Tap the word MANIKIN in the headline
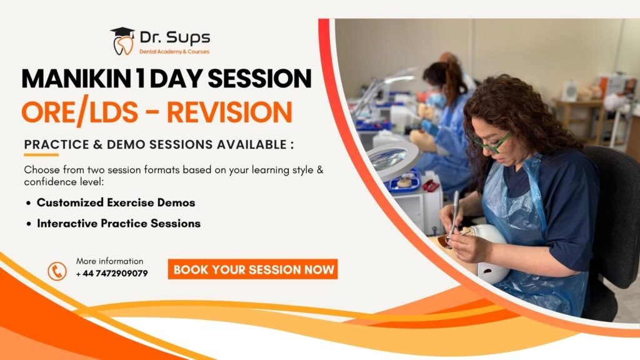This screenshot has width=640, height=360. click(x=77, y=78)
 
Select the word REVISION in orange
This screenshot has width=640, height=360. click(x=230, y=112)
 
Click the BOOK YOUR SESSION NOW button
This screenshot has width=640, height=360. click(x=252, y=269)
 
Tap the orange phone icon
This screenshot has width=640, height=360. click(x=57, y=271)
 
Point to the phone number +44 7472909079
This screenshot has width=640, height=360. click(x=112, y=274)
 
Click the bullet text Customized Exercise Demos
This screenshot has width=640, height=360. click(x=116, y=202)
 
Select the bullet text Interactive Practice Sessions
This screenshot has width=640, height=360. click(x=119, y=223)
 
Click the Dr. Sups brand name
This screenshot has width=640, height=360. click(x=175, y=38)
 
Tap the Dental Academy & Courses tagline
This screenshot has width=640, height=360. click(x=174, y=52)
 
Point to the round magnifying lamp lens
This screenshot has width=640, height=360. click(x=387, y=158)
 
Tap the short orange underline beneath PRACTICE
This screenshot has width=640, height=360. click(x=41, y=155)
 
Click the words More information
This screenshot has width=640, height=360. click(x=110, y=261)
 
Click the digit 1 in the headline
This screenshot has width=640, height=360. click(x=141, y=78)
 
